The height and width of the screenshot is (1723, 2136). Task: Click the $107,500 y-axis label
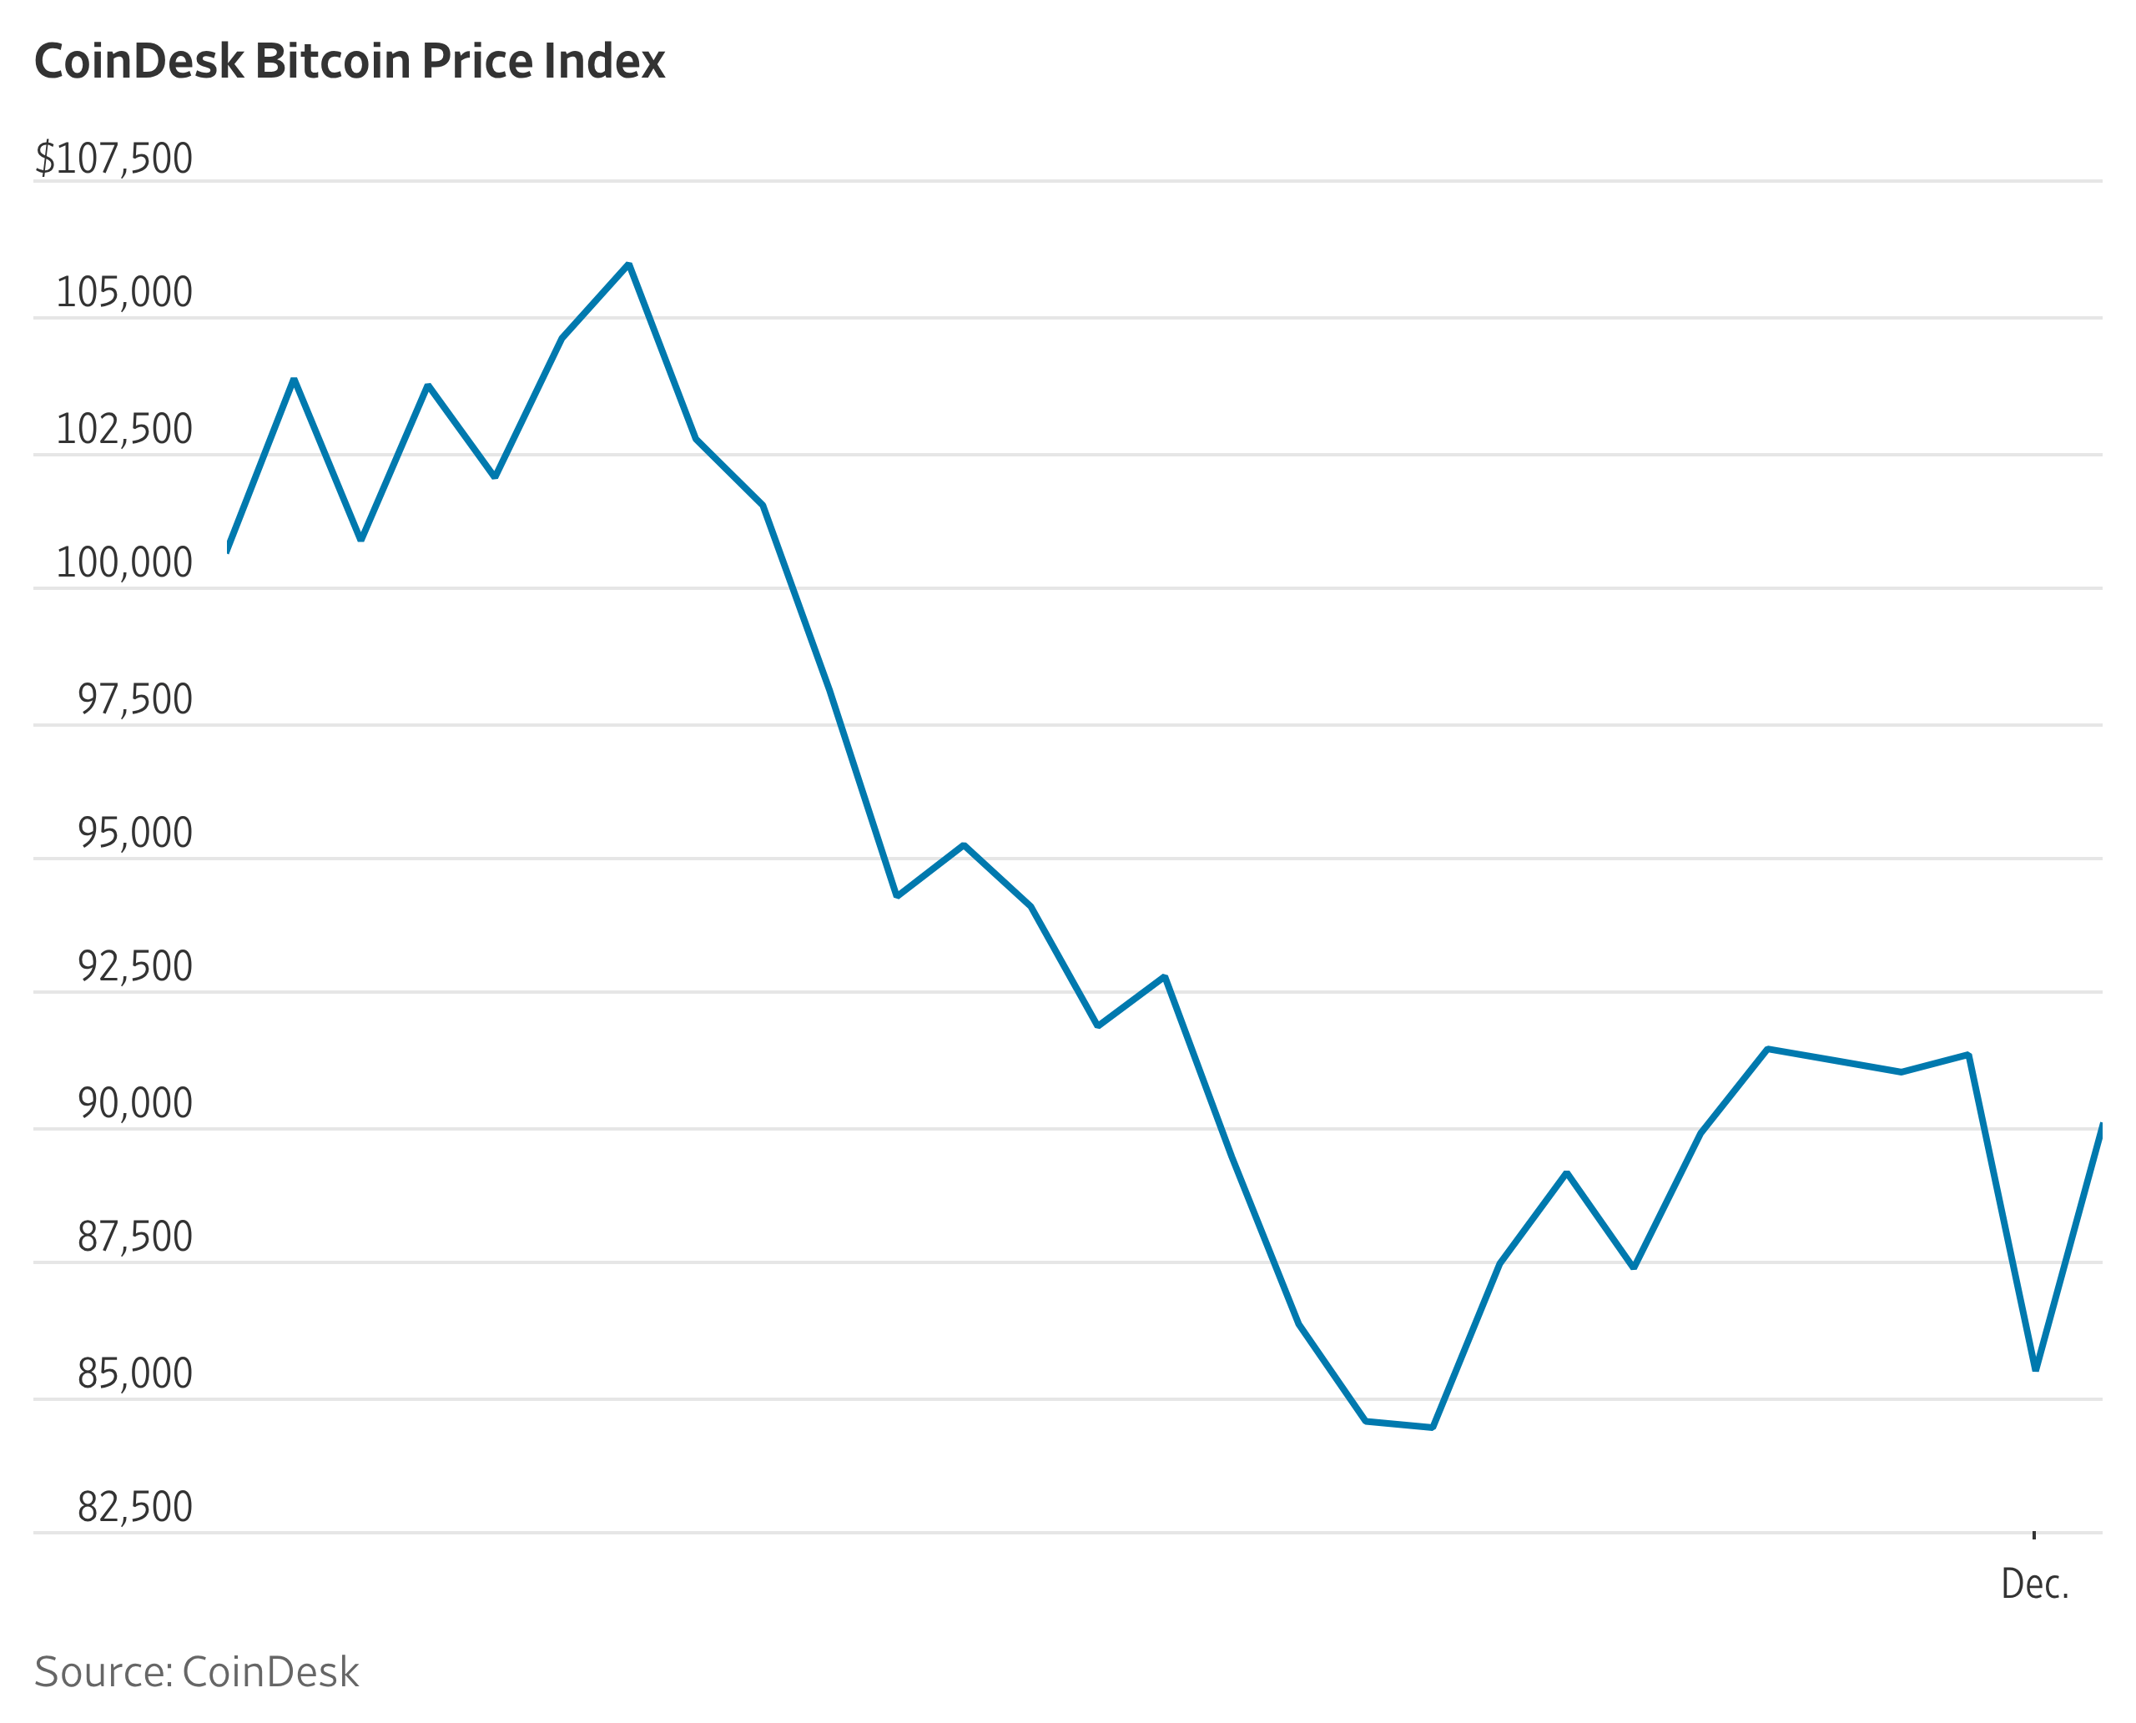click(114, 159)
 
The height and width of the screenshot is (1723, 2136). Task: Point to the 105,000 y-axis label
click(124, 293)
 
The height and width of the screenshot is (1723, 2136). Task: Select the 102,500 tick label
click(124, 430)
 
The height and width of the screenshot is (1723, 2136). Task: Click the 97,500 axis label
click(135, 700)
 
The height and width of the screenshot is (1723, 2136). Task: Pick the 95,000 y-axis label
click(135, 833)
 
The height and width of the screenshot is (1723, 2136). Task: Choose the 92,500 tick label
click(135, 967)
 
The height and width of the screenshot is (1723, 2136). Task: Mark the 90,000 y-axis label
click(135, 1104)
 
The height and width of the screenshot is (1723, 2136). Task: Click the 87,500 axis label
click(135, 1237)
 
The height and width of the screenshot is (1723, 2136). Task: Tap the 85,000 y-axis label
click(135, 1373)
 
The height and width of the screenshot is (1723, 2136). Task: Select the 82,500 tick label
click(135, 1507)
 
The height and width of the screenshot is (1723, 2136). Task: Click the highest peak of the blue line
click(629, 265)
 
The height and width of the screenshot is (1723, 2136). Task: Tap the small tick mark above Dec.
click(2033, 1535)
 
